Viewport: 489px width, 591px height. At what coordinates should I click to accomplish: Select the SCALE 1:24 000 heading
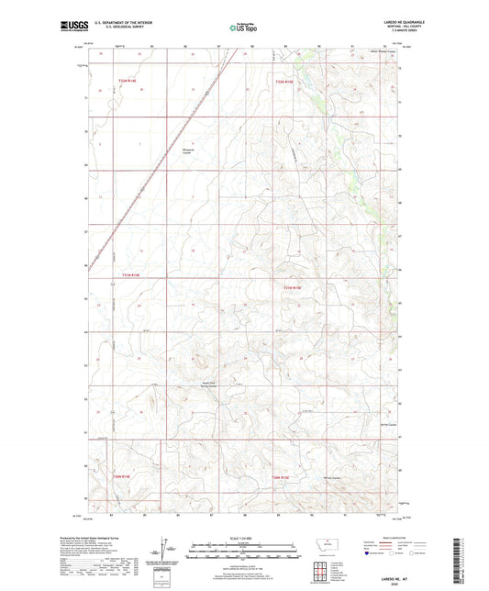click(x=243, y=538)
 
